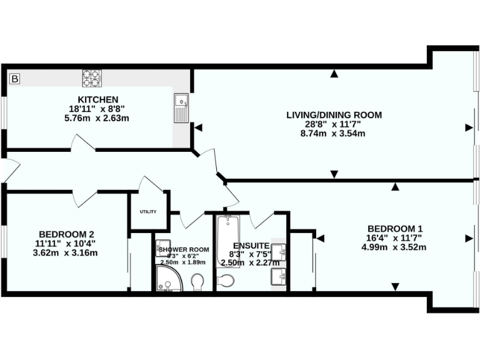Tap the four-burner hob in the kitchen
91,78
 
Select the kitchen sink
181,107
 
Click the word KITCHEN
97,99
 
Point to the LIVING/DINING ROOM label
334,115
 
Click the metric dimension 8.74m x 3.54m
334,133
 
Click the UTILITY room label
148,212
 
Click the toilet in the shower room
199,282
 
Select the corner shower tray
167,279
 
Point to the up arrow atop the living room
334,74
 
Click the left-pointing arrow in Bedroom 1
321,237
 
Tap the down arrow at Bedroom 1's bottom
395,287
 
